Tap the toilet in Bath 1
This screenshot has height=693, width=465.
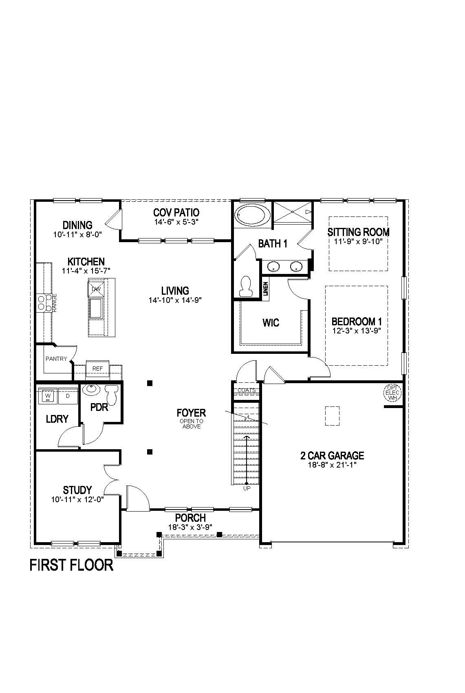(246, 287)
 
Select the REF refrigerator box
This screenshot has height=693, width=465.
(97, 369)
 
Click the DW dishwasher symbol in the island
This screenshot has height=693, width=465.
(96, 289)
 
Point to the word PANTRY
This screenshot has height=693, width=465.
(56, 359)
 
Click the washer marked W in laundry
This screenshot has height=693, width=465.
(48, 396)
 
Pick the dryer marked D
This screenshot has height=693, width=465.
(68, 396)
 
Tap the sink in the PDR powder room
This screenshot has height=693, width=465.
(91, 390)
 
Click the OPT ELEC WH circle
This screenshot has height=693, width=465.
(393, 392)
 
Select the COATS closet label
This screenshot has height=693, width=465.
(247, 390)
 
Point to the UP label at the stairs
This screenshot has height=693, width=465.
(247, 488)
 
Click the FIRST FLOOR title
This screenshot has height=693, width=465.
(71, 565)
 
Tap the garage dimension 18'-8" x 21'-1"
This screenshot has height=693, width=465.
(332, 465)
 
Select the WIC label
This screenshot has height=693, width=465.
(271, 323)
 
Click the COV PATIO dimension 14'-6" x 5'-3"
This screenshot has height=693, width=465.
(176, 222)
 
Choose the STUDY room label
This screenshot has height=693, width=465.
(77, 490)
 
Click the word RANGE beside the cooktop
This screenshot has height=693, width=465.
(55, 303)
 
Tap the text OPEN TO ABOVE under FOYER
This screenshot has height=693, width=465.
(192, 424)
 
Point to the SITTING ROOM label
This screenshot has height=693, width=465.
(358, 232)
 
